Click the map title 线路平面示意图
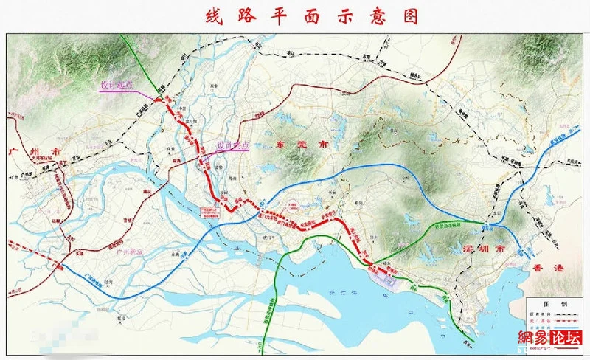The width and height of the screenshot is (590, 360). (x=295, y=15)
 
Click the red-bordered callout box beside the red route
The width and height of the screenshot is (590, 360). (x=209, y=212)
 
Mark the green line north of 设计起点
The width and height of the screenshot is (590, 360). (x=140, y=55)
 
